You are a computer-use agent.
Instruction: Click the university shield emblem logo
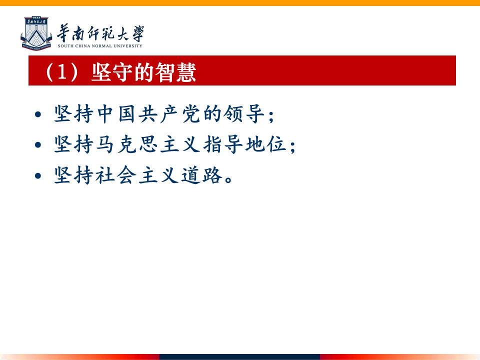point(36,33)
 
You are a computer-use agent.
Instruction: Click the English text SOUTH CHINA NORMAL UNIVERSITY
point(100,46)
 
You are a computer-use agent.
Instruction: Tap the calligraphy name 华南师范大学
point(100,33)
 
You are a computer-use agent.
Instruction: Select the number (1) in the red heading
point(61,72)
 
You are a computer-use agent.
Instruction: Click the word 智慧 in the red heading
point(175,72)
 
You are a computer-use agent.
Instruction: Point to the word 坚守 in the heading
point(112,72)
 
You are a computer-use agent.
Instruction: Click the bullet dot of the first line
point(38,114)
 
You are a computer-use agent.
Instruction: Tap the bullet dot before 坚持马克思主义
point(38,145)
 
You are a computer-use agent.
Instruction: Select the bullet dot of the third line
point(38,175)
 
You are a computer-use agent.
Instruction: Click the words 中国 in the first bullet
point(116,114)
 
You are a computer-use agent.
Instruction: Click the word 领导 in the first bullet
point(243,114)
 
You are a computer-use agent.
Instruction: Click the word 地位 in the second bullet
point(265,144)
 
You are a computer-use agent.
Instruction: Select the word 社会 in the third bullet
point(116,175)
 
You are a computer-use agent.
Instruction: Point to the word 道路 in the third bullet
point(201,175)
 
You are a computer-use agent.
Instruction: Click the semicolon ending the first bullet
point(271,116)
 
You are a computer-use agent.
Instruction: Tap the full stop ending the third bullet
point(228,179)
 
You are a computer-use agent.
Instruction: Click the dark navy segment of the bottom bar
point(239,357)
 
